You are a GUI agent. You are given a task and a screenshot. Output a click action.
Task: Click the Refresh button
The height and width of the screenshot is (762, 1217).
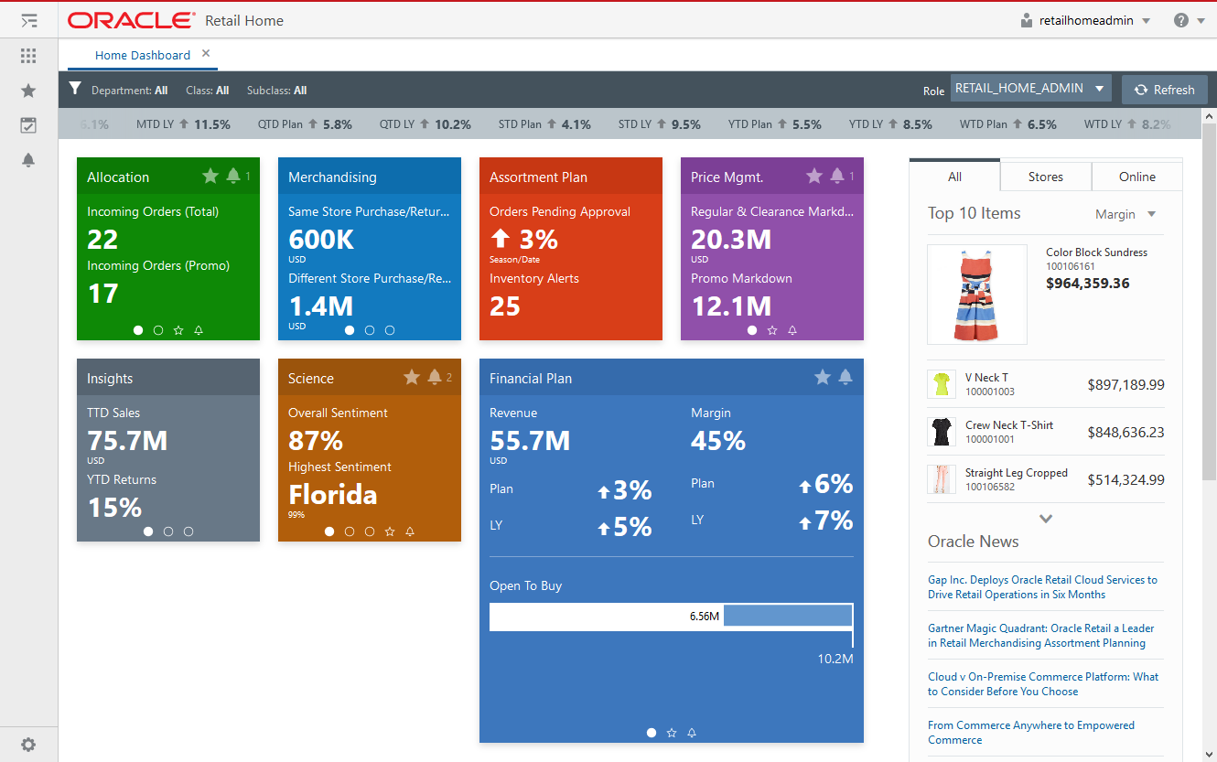[x=1164, y=90]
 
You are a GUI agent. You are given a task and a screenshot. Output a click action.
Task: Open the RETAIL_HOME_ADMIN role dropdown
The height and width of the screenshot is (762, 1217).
[x=1030, y=89]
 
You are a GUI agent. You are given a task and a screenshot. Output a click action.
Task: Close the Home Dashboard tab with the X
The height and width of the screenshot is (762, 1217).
[x=206, y=54]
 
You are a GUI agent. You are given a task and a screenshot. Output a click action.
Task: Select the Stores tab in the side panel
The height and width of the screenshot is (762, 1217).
[x=1045, y=177]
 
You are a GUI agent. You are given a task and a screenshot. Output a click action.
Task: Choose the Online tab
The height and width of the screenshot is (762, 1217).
[x=1136, y=177]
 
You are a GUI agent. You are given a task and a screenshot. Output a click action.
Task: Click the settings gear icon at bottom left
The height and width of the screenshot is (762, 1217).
[x=28, y=745]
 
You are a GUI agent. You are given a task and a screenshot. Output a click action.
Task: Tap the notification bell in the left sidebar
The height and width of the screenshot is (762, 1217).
[x=28, y=160]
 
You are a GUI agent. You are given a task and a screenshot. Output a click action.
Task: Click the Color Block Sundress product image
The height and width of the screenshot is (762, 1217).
[x=976, y=294]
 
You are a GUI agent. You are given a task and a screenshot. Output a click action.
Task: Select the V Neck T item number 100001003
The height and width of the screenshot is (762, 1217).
[x=989, y=392]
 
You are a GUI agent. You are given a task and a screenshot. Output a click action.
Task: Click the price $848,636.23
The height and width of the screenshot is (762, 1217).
[x=1125, y=433]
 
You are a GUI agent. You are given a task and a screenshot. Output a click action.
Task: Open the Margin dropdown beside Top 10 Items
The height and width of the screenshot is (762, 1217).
[x=1125, y=214]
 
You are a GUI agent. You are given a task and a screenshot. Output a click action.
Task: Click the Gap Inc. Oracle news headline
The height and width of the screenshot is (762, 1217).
[x=1042, y=587]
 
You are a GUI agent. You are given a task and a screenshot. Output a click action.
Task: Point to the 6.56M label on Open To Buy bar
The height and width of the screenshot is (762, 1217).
[x=704, y=617]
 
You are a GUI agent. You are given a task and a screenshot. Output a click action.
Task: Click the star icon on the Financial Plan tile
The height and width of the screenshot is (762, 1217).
[x=822, y=377]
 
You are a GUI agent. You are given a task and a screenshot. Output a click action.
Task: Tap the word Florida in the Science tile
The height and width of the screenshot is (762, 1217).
[x=332, y=495]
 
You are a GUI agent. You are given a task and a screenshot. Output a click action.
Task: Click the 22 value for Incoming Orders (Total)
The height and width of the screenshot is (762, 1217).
[x=102, y=240]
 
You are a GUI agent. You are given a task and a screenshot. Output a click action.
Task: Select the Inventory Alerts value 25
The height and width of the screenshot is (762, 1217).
[x=504, y=306]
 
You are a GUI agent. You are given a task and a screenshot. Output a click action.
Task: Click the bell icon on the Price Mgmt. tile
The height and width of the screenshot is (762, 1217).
[x=836, y=176]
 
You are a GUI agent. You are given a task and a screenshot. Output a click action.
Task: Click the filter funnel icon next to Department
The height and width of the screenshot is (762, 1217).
[x=76, y=90]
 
